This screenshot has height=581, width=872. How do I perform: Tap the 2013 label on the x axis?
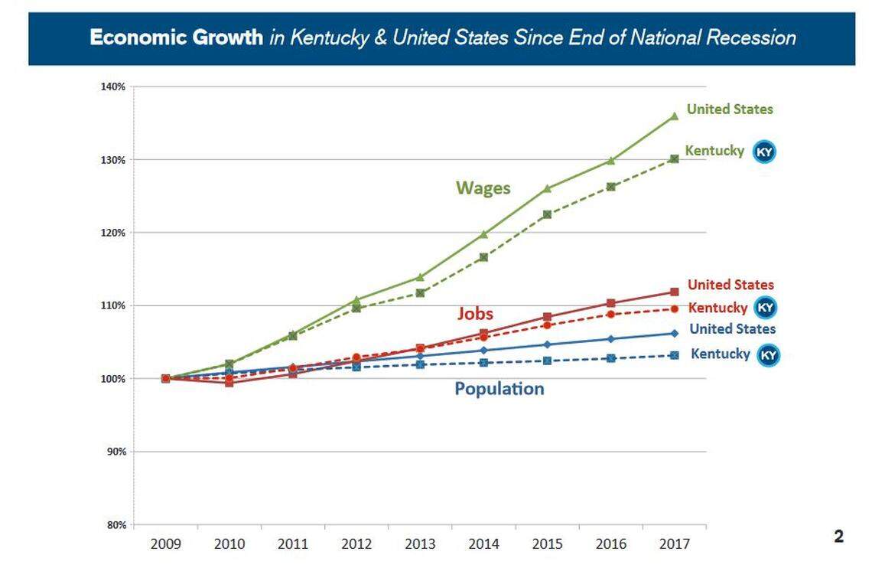tap(420, 544)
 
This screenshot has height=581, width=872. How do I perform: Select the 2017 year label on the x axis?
tap(674, 544)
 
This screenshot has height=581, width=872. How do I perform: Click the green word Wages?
tap(483, 188)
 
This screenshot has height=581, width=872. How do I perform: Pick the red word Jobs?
tap(475, 313)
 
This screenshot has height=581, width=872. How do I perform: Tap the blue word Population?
tap(499, 389)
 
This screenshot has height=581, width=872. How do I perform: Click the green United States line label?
tap(730, 109)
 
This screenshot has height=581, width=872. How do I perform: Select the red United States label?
tap(730, 285)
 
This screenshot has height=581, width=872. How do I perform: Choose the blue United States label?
tap(732, 329)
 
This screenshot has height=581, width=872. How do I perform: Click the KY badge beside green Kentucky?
tap(764, 152)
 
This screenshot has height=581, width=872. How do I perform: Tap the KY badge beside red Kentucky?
tap(766, 308)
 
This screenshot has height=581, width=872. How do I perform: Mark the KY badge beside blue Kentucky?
tap(768, 355)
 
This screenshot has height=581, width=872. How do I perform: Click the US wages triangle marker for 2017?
tap(674, 116)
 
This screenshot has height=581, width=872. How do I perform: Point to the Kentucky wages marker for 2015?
tap(547, 214)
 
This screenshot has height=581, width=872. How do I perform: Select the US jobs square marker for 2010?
tap(229, 383)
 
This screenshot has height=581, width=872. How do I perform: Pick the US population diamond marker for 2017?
tap(674, 333)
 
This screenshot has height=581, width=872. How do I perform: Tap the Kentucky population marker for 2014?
tap(483, 363)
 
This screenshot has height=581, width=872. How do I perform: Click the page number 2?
tap(838, 537)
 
